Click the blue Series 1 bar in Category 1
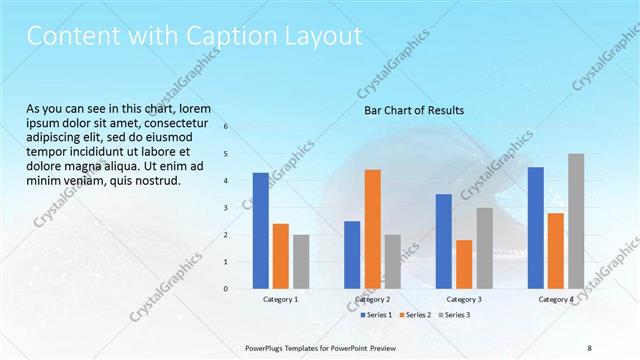(260, 231)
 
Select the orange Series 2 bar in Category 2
(372, 229)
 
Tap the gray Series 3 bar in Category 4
(576, 221)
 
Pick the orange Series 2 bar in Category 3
(464, 264)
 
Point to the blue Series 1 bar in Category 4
(535, 228)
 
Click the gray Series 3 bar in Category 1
(301, 262)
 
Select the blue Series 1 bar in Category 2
(352, 255)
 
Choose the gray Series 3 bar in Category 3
(484, 248)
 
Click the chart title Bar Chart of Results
(414, 110)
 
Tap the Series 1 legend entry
(375, 315)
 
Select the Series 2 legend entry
(414, 315)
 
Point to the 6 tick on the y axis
(226, 127)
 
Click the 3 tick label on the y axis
(226, 208)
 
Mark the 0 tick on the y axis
(226, 289)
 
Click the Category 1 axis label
(280, 299)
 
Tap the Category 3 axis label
(464, 299)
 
